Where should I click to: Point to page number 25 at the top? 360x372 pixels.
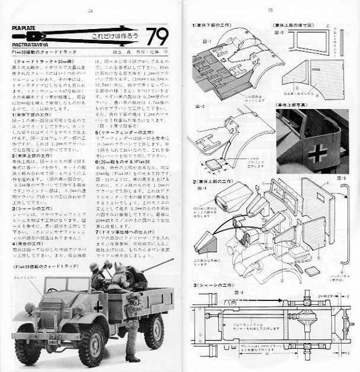270,9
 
